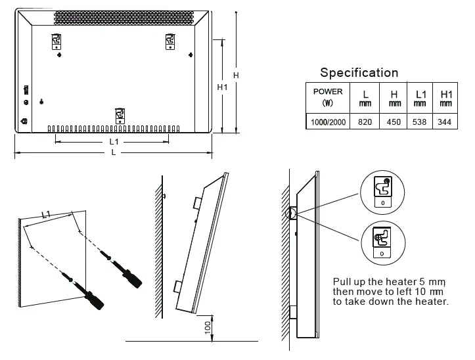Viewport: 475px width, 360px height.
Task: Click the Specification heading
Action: [x=359, y=73]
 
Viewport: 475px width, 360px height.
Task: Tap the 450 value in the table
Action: [x=394, y=122]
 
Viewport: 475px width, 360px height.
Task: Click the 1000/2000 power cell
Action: [x=327, y=122]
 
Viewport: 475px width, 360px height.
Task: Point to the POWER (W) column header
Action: [x=327, y=97]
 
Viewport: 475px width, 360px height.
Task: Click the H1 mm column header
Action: [x=446, y=97]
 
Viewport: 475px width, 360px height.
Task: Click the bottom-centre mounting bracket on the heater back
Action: [x=120, y=116]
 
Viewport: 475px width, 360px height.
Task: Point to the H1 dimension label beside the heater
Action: [x=222, y=87]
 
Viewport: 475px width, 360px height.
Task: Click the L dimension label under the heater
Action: [x=114, y=152]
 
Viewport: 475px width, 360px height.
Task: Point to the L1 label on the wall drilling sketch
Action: [x=46, y=214]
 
